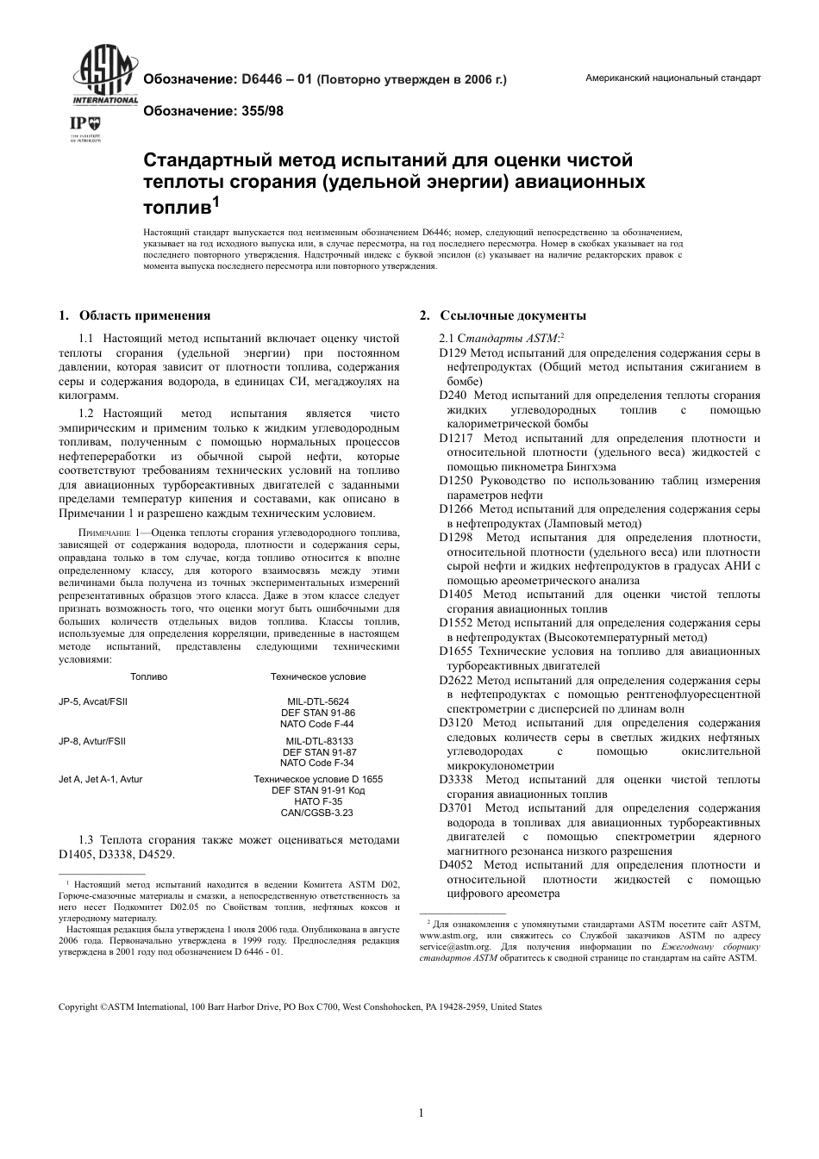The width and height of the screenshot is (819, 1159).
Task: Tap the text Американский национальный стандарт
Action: coord(672,78)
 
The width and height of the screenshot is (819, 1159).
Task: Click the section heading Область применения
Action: coord(144,315)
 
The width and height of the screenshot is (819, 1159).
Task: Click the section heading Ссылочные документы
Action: coord(512,315)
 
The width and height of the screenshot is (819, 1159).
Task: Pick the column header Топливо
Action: coord(149,676)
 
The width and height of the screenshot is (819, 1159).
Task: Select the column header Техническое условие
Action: coord(317,676)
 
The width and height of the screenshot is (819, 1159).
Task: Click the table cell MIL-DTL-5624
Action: coord(317,701)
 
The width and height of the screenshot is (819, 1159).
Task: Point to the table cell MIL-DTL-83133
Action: coord(317,741)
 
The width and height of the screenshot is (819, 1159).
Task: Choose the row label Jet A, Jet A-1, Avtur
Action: coord(100,779)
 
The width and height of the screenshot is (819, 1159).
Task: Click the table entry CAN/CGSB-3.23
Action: coord(317,813)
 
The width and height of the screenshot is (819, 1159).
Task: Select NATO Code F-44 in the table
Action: coord(317,724)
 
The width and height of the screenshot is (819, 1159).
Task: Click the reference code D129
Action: coord(453,353)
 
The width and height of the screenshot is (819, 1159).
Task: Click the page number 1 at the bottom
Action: coord(421,1112)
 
